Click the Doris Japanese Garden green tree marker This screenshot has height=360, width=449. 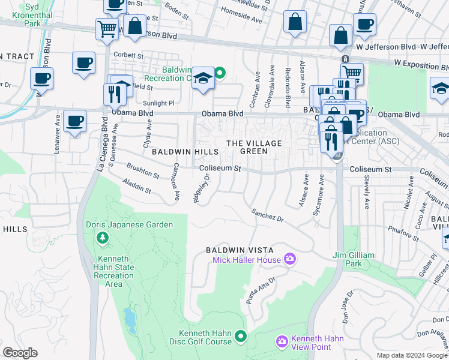[x=103, y=238]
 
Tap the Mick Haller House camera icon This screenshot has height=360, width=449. [x=291, y=259]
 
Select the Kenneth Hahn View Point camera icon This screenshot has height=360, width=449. [x=282, y=342]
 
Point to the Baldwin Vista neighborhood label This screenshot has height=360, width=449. [x=240, y=250]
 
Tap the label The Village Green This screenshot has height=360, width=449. [x=254, y=147]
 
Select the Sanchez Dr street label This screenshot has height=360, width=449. [x=267, y=214]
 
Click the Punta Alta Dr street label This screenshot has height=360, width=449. [x=261, y=289]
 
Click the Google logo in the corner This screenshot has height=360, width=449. [x=20, y=353]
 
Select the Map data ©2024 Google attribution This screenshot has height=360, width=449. [x=411, y=355]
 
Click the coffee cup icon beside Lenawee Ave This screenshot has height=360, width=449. [x=74, y=122]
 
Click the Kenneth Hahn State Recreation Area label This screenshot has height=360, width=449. [x=107, y=267]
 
